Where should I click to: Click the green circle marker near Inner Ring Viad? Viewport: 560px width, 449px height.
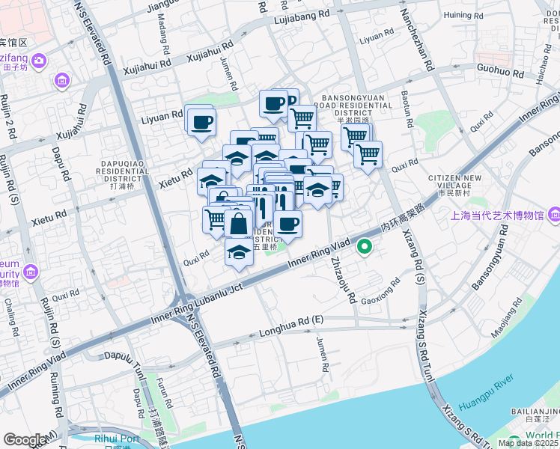point(365,245)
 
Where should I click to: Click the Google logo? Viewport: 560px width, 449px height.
point(24,440)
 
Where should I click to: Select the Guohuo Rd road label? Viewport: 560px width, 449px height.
point(500,71)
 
